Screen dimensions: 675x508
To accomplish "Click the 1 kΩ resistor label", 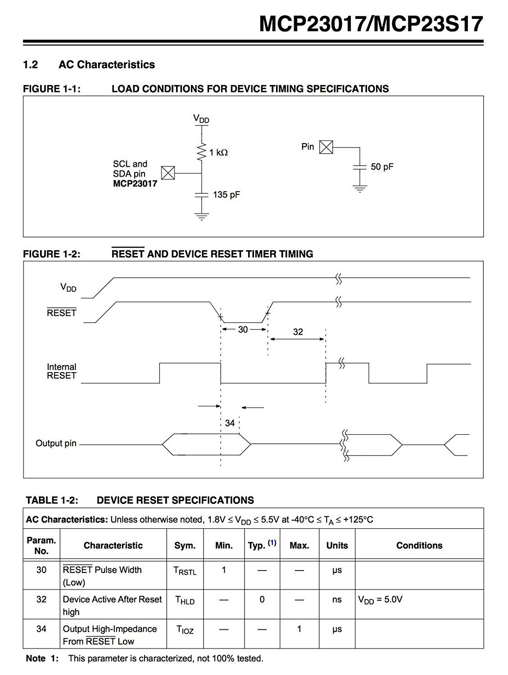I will tap(218, 153).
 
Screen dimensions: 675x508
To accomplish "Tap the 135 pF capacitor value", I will tap(227, 195).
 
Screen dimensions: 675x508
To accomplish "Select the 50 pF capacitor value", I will tap(382, 166).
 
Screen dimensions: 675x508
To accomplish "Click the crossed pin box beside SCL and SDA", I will tap(168, 173).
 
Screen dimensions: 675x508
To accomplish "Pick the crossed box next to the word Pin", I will tap(326, 147).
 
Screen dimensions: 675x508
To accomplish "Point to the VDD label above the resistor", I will tap(201, 119).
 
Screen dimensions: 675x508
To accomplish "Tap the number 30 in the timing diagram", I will tap(243, 329).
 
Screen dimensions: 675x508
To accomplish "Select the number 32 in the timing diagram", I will tap(298, 332).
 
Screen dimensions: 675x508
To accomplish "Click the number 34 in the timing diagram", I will tap(230, 423).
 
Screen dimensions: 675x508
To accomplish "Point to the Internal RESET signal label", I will tap(62, 371).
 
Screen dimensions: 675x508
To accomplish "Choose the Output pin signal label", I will tap(56, 443).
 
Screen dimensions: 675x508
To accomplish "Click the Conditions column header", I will tap(419, 545).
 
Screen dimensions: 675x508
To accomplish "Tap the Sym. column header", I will tap(185, 545).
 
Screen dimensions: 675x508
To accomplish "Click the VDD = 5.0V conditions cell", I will tap(380, 600).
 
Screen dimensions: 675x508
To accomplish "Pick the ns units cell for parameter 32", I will tap(337, 599).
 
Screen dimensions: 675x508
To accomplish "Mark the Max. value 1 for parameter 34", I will tap(299, 629).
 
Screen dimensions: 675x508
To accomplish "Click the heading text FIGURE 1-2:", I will tap(52, 254).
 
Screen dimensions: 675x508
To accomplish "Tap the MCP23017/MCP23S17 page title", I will tap(371, 24).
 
